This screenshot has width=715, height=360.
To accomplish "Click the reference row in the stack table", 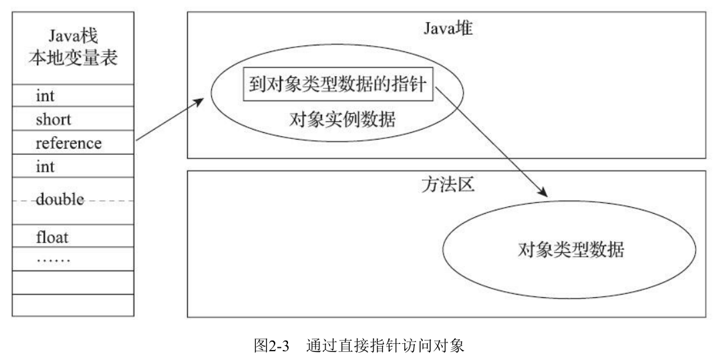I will (x=69, y=143).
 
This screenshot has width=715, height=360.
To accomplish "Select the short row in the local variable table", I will (x=53, y=120).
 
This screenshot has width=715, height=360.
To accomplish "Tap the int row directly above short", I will (x=45, y=98).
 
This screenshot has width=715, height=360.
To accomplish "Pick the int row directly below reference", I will (x=45, y=166).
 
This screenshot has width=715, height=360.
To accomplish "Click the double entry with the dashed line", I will (x=61, y=200).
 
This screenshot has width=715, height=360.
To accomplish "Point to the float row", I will (x=53, y=236).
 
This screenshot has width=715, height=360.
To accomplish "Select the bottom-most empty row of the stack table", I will (x=73, y=305).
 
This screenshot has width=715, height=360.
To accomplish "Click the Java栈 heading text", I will (x=73, y=33).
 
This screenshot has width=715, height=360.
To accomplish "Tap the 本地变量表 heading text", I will (x=73, y=58).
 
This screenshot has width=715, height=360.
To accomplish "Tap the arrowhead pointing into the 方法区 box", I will (x=544, y=193).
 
